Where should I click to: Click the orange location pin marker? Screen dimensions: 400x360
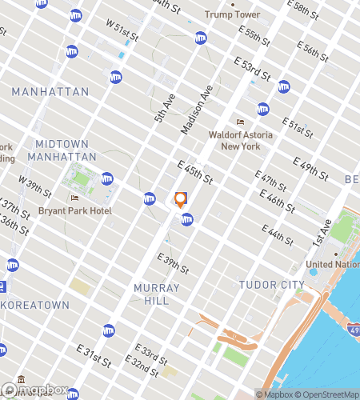pyautogui.click(x=181, y=200)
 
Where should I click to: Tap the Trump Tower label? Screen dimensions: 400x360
pyautogui.click(x=233, y=14)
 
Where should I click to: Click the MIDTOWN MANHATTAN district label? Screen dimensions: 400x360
pyautogui.click(x=66, y=150)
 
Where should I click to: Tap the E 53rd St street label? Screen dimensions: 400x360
pyautogui.click(x=252, y=70)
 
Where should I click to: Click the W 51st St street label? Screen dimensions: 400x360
pyautogui.click(x=122, y=28)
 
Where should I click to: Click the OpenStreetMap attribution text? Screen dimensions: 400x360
pyautogui.click(x=329, y=394)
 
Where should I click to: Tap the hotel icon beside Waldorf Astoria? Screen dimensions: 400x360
pyautogui.click(x=238, y=122)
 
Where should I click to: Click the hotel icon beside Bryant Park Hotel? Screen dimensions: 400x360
pyautogui.click(x=74, y=198)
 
